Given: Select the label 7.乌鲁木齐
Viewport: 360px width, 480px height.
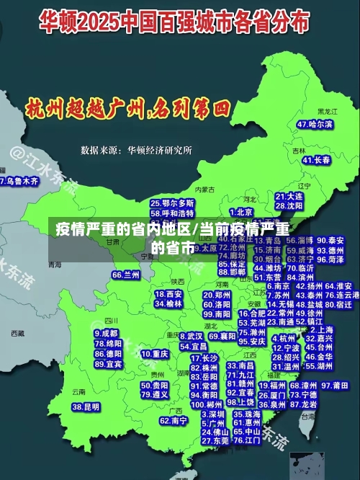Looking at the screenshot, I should [x=19, y=182].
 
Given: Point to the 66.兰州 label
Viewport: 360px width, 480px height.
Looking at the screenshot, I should [x=126, y=275].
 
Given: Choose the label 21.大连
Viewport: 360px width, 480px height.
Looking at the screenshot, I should [x=289, y=196].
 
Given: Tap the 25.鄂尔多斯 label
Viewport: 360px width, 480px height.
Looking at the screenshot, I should [x=172, y=204].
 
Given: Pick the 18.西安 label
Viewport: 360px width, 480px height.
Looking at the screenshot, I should [x=168, y=294].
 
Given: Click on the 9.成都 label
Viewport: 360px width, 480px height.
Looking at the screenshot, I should [x=106, y=334].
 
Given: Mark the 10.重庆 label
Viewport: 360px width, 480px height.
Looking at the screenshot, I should [x=154, y=354].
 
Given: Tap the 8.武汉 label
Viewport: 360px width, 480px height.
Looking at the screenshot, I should [x=191, y=336].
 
